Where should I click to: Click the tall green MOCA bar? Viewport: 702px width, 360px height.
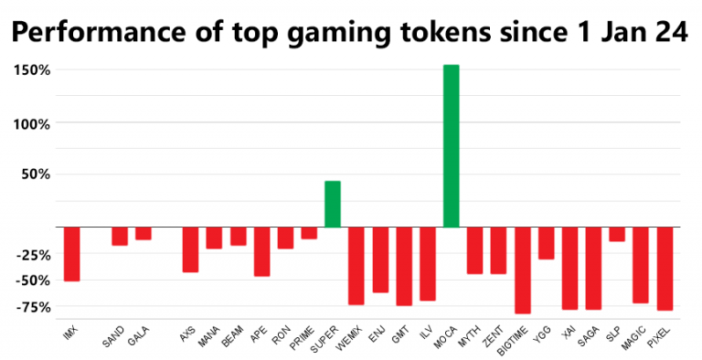click(451, 146)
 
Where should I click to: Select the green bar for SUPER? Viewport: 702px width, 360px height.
click(333, 205)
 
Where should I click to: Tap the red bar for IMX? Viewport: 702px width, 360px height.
click(71, 254)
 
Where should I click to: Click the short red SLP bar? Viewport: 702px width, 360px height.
click(617, 235)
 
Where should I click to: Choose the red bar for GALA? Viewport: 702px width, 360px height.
click(143, 234)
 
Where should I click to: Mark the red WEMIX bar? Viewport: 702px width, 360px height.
click(356, 266)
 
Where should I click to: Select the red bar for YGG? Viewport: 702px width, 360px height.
click(546, 243)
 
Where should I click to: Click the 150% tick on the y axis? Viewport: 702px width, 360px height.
click(33, 70)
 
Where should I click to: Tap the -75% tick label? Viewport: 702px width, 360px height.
click(34, 306)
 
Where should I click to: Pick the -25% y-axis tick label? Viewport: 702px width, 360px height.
click(34, 253)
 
